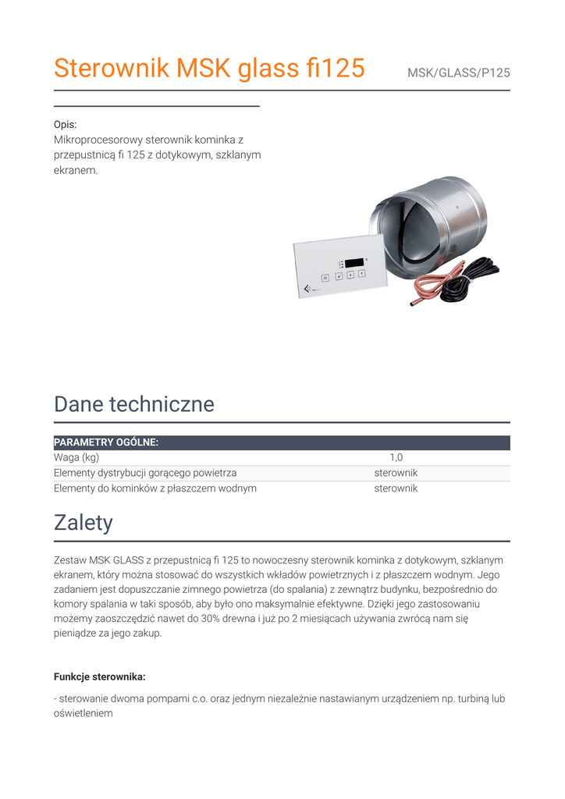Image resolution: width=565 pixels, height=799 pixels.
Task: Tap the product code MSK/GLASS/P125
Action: click(x=458, y=73)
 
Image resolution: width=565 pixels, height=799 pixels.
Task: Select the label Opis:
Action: click(x=65, y=125)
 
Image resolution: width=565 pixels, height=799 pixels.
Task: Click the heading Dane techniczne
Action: click(x=133, y=404)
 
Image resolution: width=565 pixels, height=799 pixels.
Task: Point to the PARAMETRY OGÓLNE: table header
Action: click(x=106, y=442)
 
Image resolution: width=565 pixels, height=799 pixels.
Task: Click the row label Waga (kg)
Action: click(x=76, y=458)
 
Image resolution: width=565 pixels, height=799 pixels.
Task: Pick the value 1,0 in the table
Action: click(x=396, y=458)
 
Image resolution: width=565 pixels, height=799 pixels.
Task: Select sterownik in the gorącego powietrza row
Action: click(x=396, y=473)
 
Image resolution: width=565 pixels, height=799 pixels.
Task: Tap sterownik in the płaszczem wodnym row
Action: click(x=396, y=488)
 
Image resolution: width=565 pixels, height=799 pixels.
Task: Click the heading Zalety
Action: click(x=84, y=523)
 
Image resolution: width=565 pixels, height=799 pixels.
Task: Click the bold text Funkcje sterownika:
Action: click(x=99, y=676)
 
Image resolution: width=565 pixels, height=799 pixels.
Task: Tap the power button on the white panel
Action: click(x=325, y=277)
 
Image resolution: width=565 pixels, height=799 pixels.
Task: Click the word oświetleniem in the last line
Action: click(x=83, y=713)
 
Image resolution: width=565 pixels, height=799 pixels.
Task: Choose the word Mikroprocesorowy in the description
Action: click(x=98, y=140)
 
